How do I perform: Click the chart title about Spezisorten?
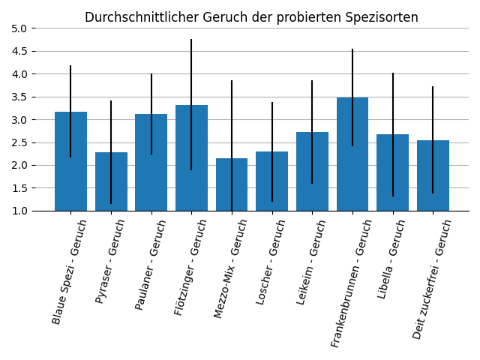(251, 17)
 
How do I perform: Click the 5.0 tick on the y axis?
(19, 28)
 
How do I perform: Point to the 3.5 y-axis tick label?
(19, 97)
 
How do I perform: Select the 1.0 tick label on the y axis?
(19, 211)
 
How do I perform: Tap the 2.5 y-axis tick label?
(19, 142)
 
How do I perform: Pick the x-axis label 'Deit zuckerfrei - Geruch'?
(433, 278)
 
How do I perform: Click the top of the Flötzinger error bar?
(191, 40)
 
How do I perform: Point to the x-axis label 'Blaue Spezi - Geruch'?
(70, 271)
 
